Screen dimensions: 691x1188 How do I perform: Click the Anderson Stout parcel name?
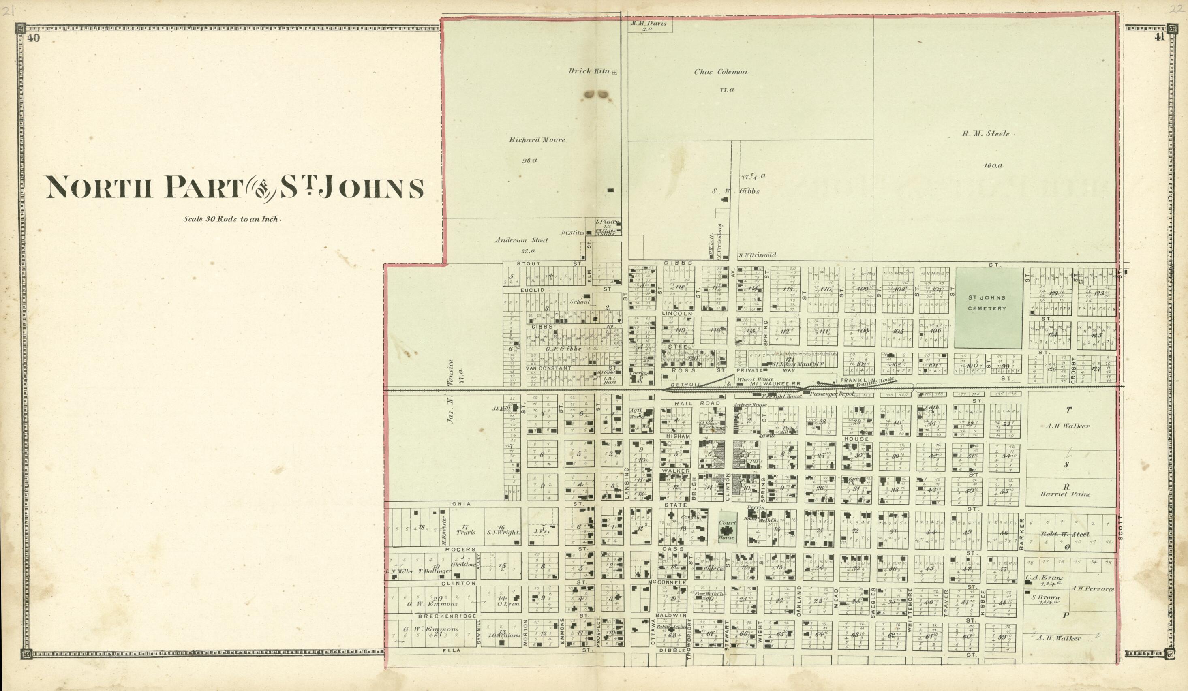pos(521,240)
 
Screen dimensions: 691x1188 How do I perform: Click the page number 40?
pos(33,39)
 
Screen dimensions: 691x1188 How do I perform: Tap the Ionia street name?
pos(460,503)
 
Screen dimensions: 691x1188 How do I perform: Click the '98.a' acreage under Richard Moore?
pos(529,160)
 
